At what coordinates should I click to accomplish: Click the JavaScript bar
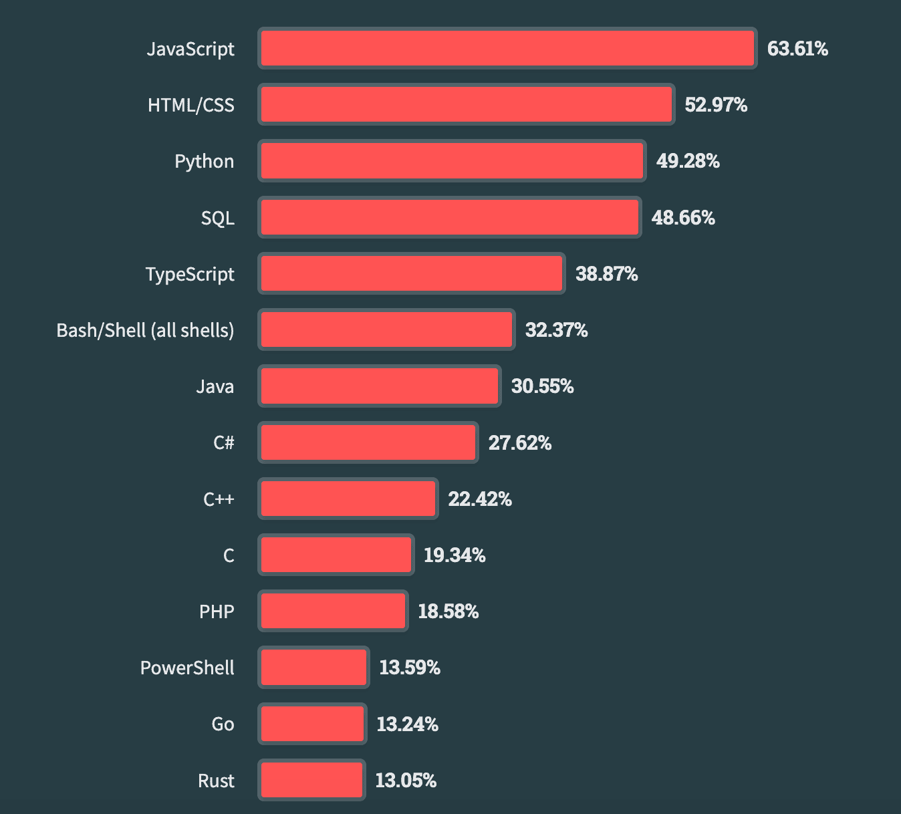pyautogui.click(x=507, y=49)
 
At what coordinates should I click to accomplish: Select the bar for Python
pyautogui.click(x=452, y=161)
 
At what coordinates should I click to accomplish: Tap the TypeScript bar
pyautogui.click(x=412, y=274)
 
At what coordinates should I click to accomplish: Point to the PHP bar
pyautogui.click(x=333, y=612)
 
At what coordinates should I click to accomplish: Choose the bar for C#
pyautogui.click(x=368, y=442)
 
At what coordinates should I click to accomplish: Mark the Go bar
pyautogui.click(x=312, y=724)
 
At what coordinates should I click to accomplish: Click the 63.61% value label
pyautogui.click(x=797, y=49)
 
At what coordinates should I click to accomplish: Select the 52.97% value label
pyautogui.click(x=716, y=105)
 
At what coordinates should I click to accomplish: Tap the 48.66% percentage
pyautogui.click(x=683, y=218)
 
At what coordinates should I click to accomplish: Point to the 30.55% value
pyautogui.click(x=542, y=386)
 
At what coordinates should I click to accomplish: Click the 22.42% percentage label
pyautogui.click(x=479, y=499)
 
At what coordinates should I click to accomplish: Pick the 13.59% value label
pyautogui.click(x=410, y=668)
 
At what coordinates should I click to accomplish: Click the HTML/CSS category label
pyautogui.click(x=191, y=105)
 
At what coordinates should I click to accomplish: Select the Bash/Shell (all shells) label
pyautogui.click(x=145, y=330)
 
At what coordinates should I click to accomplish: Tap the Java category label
pyautogui.click(x=215, y=386)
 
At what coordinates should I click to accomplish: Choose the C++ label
pyautogui.click(x=219, y=499)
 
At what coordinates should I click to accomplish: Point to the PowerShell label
pyautogui.click(x=187, y=668)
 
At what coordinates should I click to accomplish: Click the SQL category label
pyautogui.click(x=218, y=218)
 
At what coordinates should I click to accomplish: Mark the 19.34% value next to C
pyautogui.click(x=455, y=555)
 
